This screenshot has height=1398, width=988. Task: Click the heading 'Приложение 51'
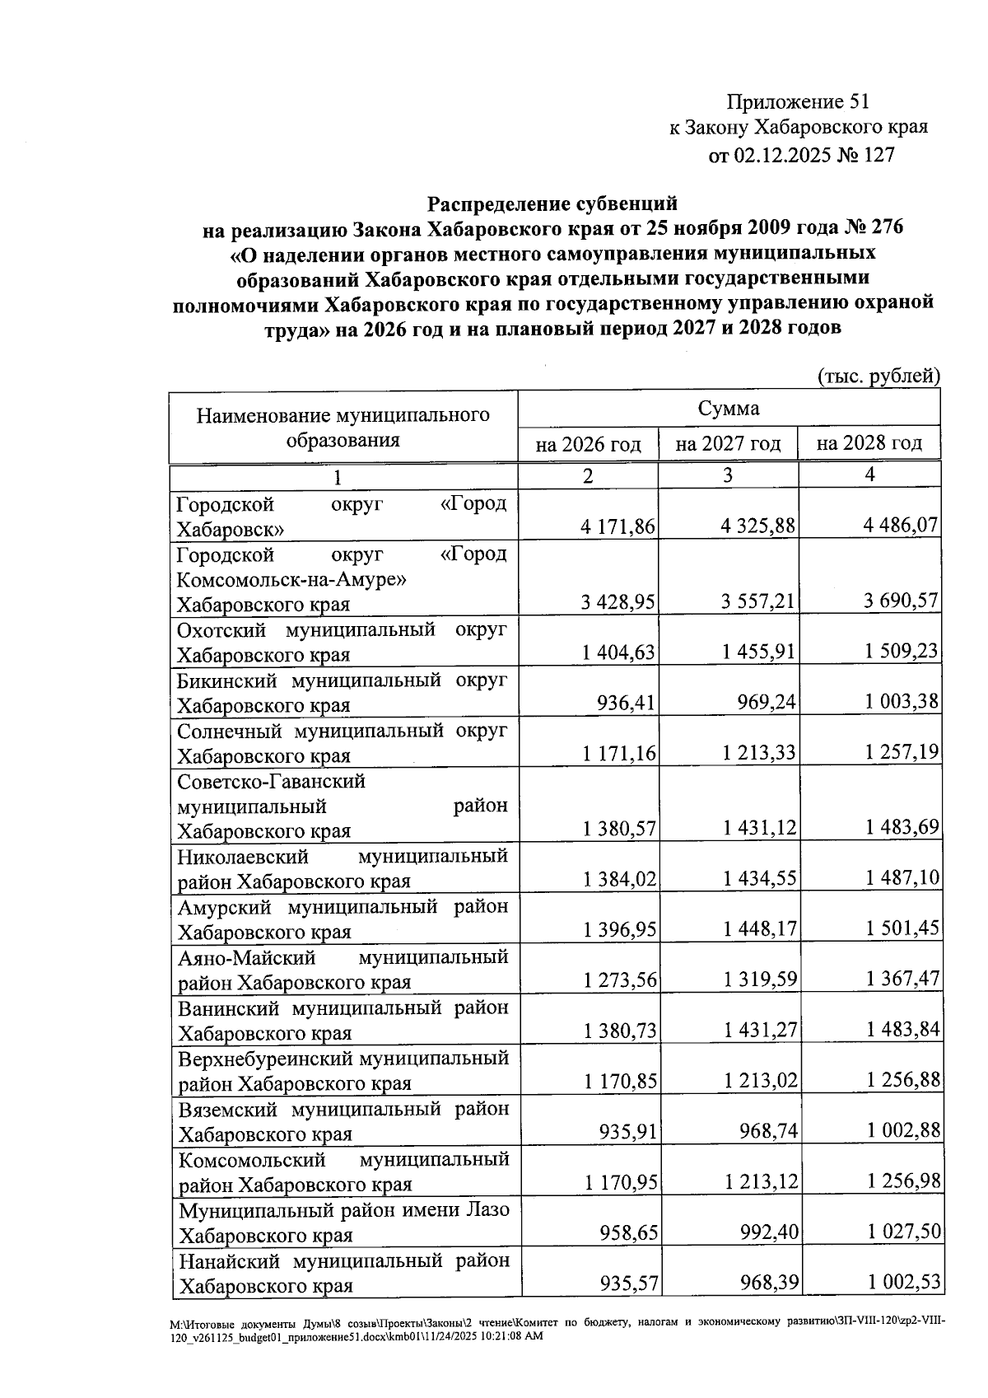tap(797, 102)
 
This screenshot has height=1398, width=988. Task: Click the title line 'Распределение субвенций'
tap(552, 203)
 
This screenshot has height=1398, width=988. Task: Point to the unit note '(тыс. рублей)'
tap(878, 376)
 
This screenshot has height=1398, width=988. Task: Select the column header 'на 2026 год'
tap(588, 445)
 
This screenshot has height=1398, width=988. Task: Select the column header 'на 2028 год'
tap(869, 443)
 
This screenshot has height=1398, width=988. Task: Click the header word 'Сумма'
tap(729, 409)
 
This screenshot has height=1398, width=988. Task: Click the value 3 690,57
tap(901, 601)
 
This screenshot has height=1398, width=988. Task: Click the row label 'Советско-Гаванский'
tap(271, 781)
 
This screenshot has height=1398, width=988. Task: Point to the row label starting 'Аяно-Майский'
tap(247, 958)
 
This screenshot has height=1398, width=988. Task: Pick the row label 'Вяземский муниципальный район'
tap(343, 1110)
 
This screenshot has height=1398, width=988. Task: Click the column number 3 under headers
tap(729, 475)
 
